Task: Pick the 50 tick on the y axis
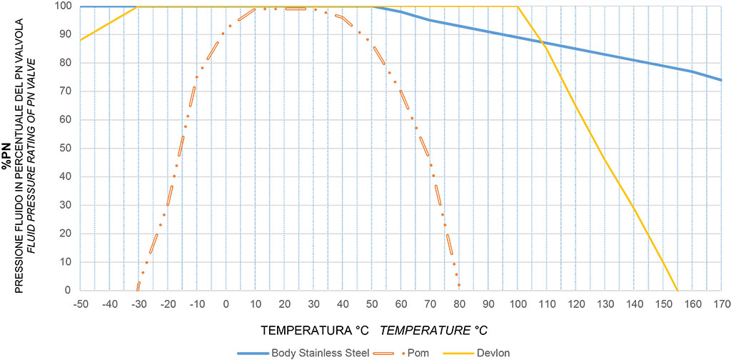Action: coord(65,148)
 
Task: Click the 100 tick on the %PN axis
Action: coord(62,6)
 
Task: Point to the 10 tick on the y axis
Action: coord(65,261)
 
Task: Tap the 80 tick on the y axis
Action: coord(65,63)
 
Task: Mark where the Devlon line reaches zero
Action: coord(677,290)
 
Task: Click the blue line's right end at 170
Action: coord(721,80)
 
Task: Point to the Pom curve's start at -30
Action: coord(138,289)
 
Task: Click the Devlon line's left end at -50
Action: coord(81,40)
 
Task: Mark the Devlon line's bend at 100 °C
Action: coord(517,7)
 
